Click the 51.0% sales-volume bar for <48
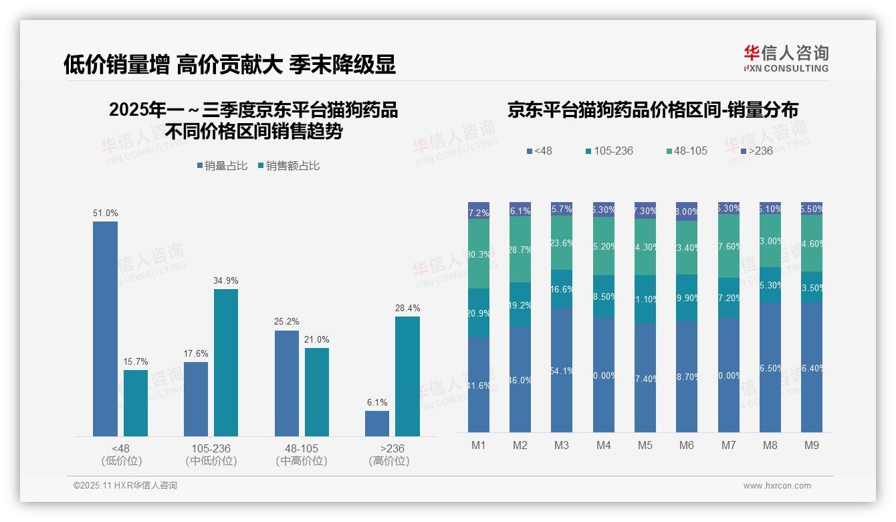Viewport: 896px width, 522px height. (x=105, y=329)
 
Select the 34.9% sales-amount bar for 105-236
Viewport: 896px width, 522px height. (x=226, y=362)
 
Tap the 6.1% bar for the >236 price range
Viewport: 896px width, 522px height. (x=377, y=423)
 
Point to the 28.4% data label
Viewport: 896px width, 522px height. (x=407, y=309)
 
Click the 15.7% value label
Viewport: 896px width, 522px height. (x=136, y=362)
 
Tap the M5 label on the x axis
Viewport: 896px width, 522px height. (x=645, y=445)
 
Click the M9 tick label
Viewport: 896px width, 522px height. (x=811, y=445)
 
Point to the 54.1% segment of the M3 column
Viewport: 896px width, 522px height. (x=562, y=369)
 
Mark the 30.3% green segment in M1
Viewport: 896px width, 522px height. (x=479, y=254)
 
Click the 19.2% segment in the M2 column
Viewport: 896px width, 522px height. (x=520, y=304)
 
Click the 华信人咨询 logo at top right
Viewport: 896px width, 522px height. (x=786, y=58)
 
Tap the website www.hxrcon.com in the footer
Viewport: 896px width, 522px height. (x=777, y=486)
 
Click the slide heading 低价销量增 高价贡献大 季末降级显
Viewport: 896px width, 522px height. (x=229, y=64)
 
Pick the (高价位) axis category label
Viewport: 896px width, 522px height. (x=388, y=461)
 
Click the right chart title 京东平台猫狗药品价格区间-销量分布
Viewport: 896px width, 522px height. (x=653, y=110)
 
